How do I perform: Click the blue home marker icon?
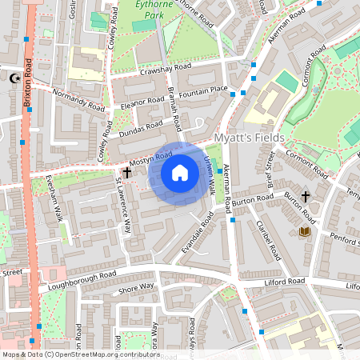[180, 172]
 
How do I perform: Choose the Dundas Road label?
[141, 130]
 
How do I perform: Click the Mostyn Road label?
[152, 158]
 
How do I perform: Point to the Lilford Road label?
[286, 282]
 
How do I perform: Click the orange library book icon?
[304, 232]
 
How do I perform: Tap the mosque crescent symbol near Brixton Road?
[12, 78]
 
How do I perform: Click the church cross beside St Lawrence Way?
[126, 172]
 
